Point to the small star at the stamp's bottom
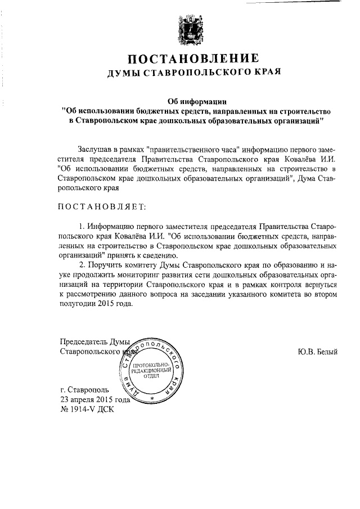(151, 398)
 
